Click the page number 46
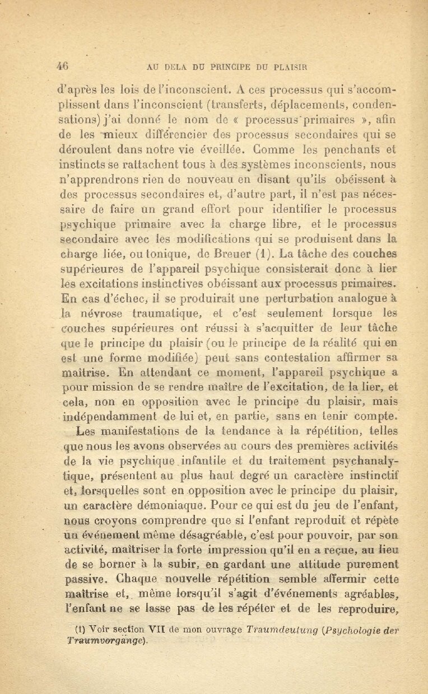click(62, 65)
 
